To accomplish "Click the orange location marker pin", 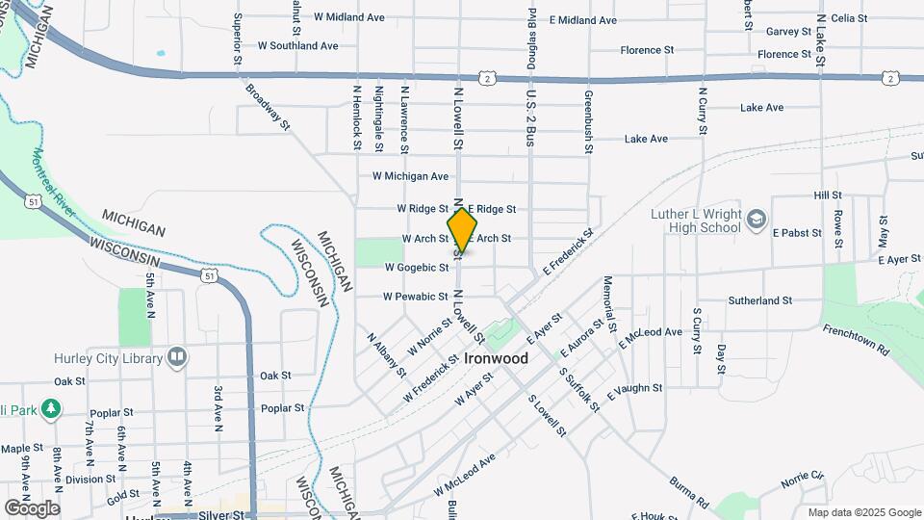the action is click(462, 229).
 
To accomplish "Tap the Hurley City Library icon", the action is click(177, 358).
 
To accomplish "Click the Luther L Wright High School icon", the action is click(757, 221).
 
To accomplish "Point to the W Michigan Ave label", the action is click(410, 176).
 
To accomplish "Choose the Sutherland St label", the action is click(759, 300).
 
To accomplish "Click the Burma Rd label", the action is click(690, 489).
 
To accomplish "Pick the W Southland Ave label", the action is click(297, 45).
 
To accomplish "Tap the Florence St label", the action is click(647, 50).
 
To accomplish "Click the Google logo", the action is click(32, 507).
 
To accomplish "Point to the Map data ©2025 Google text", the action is click(863, 512).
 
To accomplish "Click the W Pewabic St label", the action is click(416, 297).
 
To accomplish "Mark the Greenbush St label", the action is click(588, 122).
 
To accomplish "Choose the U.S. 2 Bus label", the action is click(529, 118).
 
